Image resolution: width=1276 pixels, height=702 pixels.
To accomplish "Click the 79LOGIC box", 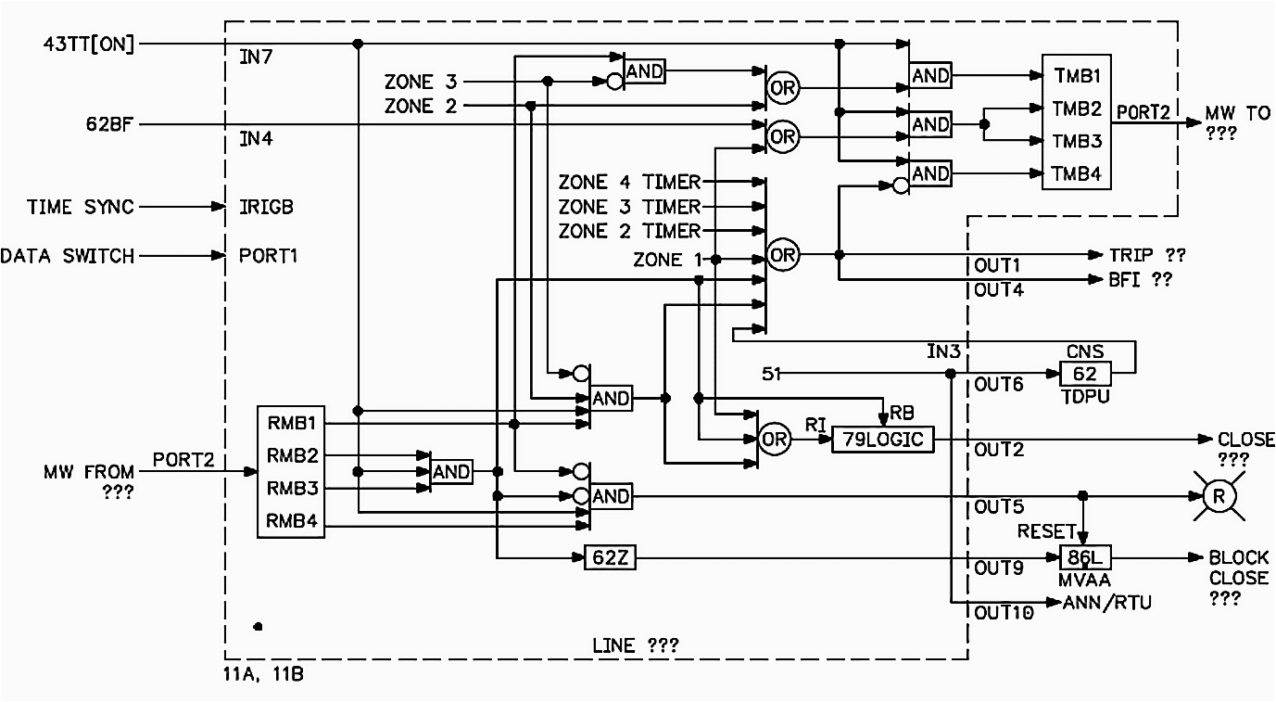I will tap(882, 440).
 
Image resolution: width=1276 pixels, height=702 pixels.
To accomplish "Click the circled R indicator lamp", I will tap(1219, 496).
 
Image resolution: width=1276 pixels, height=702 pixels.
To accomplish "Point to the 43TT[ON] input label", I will tap(89, 44).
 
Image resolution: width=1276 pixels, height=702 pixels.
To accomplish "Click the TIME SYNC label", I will tap(79, 207).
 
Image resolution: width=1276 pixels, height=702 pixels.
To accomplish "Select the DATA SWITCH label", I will tap(68, 255).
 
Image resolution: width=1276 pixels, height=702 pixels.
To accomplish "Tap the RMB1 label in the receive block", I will tap(292, 424).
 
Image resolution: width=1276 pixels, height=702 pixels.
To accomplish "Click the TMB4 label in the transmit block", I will tap(1076, 172).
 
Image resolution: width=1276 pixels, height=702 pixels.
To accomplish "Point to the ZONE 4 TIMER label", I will tap(629, 182).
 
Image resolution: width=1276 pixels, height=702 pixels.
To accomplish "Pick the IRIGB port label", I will tap(266, 208).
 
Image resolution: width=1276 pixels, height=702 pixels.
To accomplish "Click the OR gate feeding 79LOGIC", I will tap(775, 440).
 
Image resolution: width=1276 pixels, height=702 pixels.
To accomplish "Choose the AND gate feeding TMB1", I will tap(930, 76).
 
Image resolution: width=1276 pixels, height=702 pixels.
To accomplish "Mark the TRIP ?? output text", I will tap(1147, 255).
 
